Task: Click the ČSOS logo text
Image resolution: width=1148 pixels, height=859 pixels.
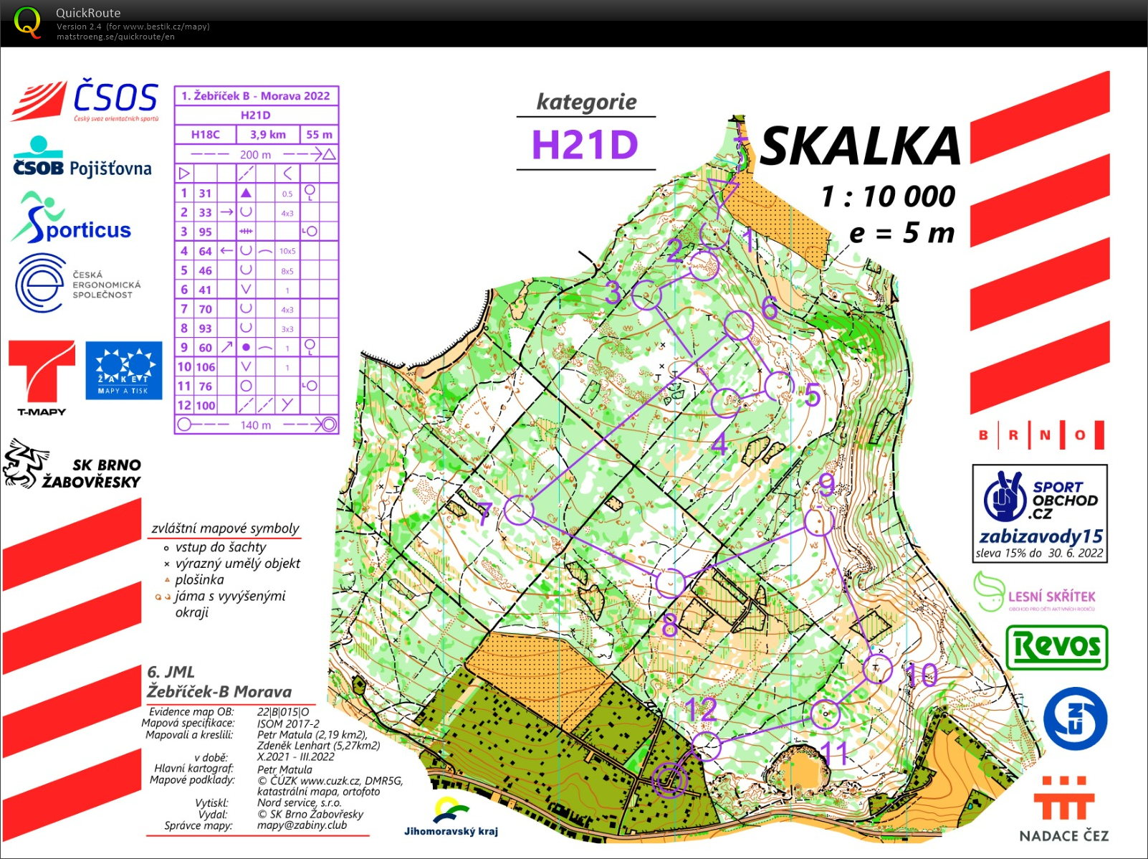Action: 115,98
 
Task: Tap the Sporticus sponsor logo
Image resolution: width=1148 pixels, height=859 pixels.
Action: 72,218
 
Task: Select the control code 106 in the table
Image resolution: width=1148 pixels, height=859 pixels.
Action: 206,366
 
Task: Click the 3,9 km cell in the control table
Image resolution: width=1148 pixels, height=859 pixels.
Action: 267,134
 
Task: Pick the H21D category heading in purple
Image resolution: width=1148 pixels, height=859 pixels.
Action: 585,145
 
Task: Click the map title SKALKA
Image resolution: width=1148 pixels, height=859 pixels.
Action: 860,146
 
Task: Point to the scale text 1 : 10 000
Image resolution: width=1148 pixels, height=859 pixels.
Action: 888,196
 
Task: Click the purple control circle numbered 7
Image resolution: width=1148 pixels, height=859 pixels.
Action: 518,511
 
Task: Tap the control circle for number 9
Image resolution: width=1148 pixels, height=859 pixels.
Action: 818,521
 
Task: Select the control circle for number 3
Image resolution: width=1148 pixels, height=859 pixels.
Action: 646,295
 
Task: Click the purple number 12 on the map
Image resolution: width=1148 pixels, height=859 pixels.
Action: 700,710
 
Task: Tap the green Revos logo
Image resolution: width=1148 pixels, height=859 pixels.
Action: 1057,647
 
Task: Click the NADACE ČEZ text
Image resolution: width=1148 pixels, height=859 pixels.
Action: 1063,835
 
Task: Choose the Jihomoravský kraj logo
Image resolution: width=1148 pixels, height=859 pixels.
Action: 451,817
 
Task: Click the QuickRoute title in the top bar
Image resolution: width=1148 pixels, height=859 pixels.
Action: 88,13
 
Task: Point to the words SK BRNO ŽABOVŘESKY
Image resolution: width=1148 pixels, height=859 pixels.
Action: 92,473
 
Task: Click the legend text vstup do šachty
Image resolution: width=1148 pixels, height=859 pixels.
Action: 221,547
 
